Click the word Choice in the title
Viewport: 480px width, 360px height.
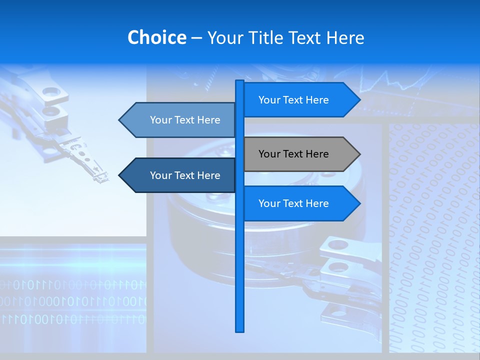pos(156,37)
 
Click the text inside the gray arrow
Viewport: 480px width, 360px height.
pos(293,154)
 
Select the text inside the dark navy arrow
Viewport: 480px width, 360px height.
pos(185,175)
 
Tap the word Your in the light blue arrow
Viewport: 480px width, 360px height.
pos(161,120)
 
